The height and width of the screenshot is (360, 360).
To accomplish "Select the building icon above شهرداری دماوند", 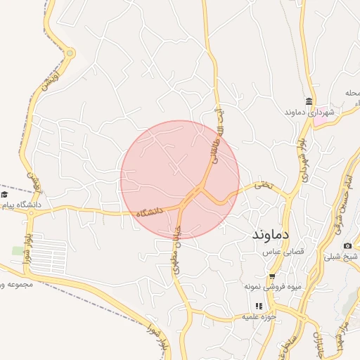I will [309, 101].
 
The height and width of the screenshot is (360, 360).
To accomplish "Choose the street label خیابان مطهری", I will [177, 243].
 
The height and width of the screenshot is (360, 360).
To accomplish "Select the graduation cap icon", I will [4, 194].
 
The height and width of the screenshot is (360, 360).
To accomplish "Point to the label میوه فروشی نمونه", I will [266, 286].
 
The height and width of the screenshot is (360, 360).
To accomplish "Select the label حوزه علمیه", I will [257, 316].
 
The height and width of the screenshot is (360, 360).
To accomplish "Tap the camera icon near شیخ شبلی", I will [347, 245].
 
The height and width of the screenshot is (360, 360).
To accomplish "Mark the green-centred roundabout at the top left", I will [70, 53].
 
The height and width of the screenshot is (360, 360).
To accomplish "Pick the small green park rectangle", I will [18, 250].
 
